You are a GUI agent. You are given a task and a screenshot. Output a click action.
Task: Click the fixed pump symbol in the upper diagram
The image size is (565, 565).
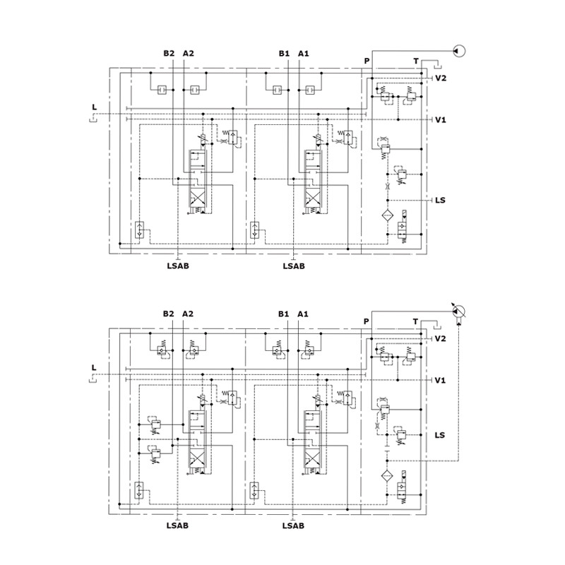pyautogui.click(x=459, y=51)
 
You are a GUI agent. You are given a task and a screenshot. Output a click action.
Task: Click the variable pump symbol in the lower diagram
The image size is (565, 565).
pyautogui.click(x=458, y=311)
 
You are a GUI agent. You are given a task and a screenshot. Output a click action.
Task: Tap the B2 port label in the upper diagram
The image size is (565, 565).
pyautogui.click(x=169, y=54)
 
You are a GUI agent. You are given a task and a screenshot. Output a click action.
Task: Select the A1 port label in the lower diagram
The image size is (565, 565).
pyautogui.click(x=303, y=314)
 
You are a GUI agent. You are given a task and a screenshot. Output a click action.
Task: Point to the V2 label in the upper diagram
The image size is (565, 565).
pyautogui.click(x=440, y=78)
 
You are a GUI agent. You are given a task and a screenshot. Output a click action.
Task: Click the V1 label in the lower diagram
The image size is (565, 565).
pyautogui.click(x=440, y=380)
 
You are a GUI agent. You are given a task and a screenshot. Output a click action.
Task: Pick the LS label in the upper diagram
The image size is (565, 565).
pyautogui.click(x=440, y=200)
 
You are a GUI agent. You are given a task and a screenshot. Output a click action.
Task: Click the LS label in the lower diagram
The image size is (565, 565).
pyautogui.click(x=439, y=435)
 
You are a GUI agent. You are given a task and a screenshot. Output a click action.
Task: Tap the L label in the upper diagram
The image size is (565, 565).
pyautogui.click(x=95, y=107)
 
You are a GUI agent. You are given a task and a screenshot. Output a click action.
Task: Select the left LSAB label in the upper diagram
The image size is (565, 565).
pyautogui.click(x=178, y=266)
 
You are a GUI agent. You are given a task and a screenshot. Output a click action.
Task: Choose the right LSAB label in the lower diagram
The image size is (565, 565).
pyautogui.click(x=293, y=525)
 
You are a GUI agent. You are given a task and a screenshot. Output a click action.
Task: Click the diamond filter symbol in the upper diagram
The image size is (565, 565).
pyautogui.click(x=388, y=215)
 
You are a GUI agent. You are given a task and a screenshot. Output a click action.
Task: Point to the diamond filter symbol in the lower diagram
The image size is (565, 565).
pyautogui.click(x=387, y=476)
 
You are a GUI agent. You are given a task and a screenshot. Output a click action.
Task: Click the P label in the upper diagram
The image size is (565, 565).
pyautogui.click(x=367, y=61)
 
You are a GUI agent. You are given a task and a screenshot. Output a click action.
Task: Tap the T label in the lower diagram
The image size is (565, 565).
pyautogui.click(x=415, y=321)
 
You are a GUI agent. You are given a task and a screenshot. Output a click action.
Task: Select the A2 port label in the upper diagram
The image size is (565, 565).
pyautogui.click(x=188, y=54)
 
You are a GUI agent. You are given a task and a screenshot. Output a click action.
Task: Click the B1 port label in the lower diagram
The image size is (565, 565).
pyautogui.click(x=284, y=314)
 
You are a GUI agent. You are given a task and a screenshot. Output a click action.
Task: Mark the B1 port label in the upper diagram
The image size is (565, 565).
pyautogui.click(x=284, y=54)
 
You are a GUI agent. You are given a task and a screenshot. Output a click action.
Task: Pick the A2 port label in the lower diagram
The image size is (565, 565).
pyautogui.click(x=188, y=314)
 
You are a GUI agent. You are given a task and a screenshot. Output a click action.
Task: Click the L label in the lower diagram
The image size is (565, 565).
pyautogui.click(x=94, y=367)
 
